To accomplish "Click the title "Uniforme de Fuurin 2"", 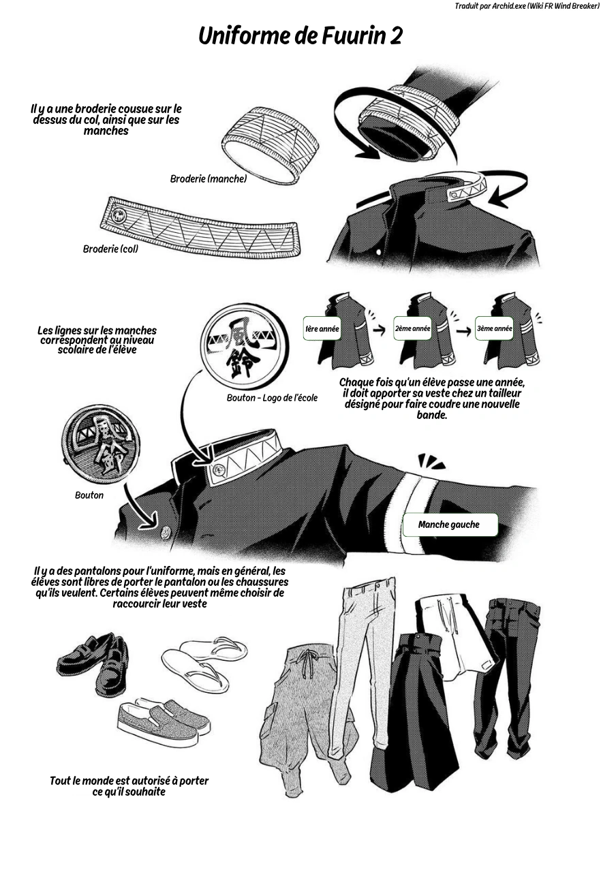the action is (300, 36).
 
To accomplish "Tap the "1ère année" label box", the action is (322, 328).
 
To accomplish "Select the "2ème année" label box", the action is (412, 328).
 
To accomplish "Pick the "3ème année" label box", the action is (494, 328).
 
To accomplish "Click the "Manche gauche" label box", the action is (450, 525).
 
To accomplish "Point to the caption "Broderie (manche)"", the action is (209, 178).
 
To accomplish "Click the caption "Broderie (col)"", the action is (110, 249).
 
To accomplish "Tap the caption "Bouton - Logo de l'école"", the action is (272, 398).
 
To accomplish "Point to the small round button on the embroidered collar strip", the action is (118, 215).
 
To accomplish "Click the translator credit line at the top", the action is (527, 7).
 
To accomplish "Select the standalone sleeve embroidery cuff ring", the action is (271, 145).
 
